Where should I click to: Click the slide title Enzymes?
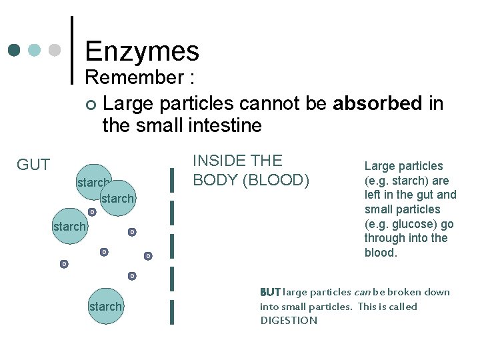[142, 51]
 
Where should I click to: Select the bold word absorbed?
[377, 103]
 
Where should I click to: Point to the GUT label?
[33, 165]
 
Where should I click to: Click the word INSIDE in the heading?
[218, 161]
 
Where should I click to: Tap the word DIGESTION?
[289, 321]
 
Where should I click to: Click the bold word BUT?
[270, 292]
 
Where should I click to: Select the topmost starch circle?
[93, 181]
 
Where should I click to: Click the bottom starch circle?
[105, 307]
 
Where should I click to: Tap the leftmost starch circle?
[69, 227]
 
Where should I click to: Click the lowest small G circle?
[132, 276]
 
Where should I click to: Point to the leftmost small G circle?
[64, 264]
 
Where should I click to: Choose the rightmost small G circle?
[148, 256]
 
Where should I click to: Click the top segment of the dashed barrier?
[173, 179]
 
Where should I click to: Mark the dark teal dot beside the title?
[15, 50]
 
